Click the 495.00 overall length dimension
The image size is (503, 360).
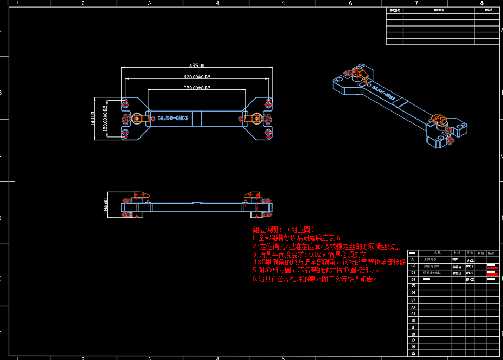coord(197,66)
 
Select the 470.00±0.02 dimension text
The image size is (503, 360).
coord(197,77)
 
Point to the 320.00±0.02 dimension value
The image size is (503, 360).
coord(197,87)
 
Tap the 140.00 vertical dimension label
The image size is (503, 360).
coord(93,119)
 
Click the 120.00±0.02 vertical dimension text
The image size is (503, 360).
coord(104,118)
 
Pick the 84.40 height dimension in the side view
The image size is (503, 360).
coord(105,205)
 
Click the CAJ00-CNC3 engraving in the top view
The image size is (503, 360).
coord(173,117)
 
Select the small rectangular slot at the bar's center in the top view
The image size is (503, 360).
coord(197,117)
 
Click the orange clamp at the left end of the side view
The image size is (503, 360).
coord(142,194)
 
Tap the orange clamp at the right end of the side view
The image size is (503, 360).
coord(251,194)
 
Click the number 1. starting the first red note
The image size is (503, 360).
coord(254,238)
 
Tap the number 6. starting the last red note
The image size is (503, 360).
coord(254,279)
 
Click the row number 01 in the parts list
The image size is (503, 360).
coord(413,260)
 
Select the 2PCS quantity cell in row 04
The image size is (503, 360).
coord(470,280)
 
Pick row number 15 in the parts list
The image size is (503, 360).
coord(413,353)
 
